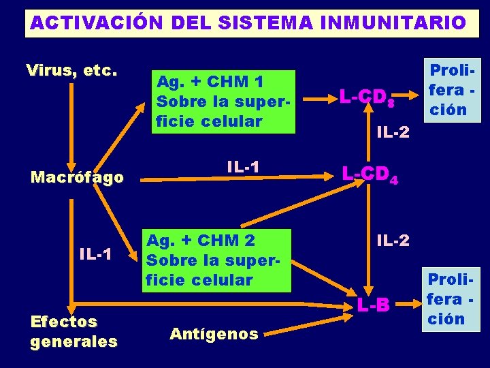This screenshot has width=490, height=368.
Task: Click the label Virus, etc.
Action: point(71,71)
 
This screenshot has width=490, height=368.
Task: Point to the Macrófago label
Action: point(78,178)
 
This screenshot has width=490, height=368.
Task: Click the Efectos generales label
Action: point(73,331)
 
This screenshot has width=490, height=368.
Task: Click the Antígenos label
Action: point(214,334)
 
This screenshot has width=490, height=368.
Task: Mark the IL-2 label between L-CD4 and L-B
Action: point(393,240)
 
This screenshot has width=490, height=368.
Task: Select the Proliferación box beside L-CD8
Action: point(446,89)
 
